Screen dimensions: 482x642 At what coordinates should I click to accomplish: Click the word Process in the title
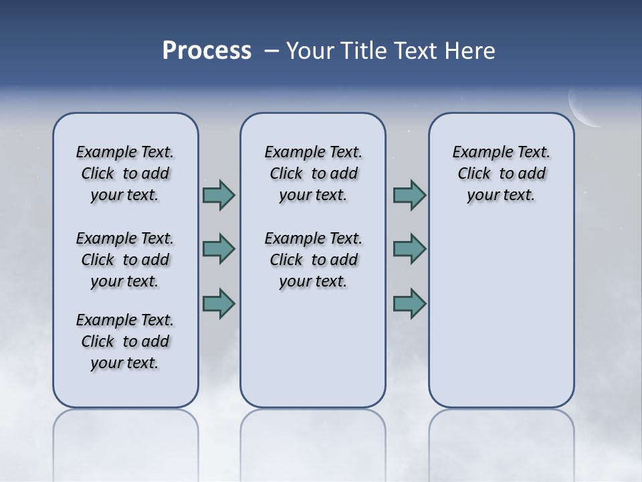point(207,51)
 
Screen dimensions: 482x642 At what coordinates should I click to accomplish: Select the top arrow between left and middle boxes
point(219,195)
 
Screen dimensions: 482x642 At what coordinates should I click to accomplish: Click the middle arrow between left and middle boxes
point(219,249)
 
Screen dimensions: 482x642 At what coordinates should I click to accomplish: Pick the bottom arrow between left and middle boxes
point(219,303)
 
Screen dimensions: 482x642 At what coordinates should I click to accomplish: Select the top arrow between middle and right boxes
point(409,195)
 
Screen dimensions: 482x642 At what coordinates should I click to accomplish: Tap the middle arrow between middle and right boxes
point(409,249)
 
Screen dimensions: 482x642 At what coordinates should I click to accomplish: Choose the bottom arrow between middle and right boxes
point(409,303)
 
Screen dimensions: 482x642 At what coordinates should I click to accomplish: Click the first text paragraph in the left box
point(125,173)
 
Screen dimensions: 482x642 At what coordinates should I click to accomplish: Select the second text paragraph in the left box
point(125,260)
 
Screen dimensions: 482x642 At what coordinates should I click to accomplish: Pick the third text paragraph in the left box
point(125,341)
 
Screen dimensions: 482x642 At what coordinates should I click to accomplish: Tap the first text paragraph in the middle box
point(313,173)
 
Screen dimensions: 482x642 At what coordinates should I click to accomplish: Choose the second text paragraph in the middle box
point(313,260)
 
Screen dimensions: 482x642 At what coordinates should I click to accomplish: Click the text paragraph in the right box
point(501,173)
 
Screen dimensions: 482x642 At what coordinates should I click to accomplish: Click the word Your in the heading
point(310,51)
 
